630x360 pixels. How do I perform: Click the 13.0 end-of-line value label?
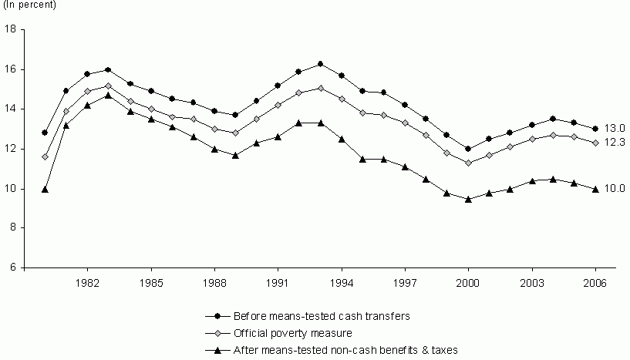tap(614, 128)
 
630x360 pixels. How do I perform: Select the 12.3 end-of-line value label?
tap(614, 143)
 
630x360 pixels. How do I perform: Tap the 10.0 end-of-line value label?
tap(614, 188)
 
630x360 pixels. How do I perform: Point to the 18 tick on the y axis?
tap(11, 29)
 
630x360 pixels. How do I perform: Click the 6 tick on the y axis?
tap(14, 268)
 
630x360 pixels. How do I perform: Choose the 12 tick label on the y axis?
tap(11, 149)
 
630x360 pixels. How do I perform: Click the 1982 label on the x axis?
tap(87, 282)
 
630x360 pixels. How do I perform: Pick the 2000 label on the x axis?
tap(468, 282)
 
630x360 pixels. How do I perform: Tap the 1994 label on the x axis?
tap(341, 282)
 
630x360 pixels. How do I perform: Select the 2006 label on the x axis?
tap(595, 282)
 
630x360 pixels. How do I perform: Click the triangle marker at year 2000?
tap(468, 198)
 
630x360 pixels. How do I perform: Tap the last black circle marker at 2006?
tap(595, 129)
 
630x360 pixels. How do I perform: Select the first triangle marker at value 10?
tap(45, 189)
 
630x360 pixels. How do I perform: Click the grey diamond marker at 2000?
tap(468, 163)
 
